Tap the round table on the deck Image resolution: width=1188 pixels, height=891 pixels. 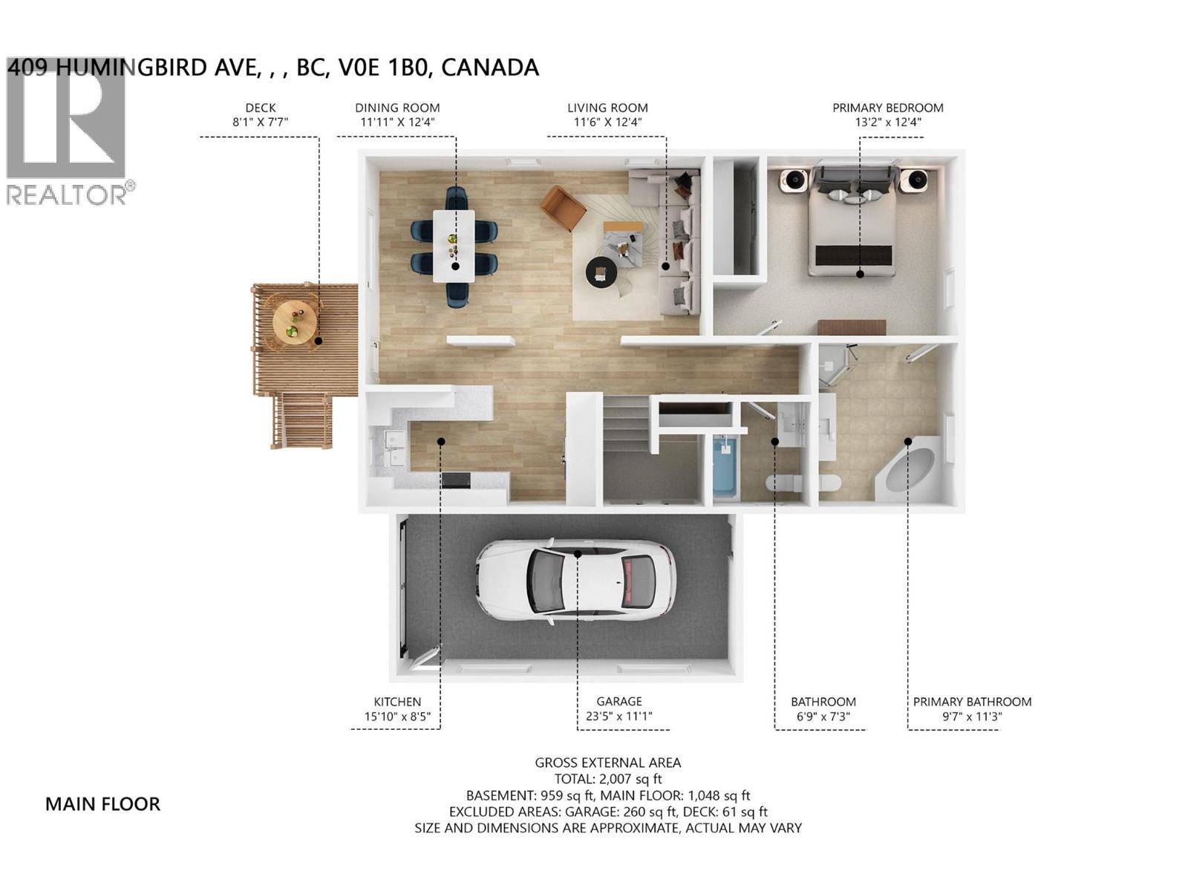click(295, 320)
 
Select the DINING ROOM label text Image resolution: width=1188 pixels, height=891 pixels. click(397, 108)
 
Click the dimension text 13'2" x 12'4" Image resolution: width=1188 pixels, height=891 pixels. click(888, 123)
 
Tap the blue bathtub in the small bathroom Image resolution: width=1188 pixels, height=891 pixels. click(724, 468)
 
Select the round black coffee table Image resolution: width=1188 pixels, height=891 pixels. click(601, 272)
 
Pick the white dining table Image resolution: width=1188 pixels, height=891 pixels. click(454, 246)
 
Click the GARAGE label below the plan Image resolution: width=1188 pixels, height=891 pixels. click(619, 702)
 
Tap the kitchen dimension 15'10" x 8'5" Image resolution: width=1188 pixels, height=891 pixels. click(397, 718)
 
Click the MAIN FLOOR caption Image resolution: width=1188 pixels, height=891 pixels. click(102, 804)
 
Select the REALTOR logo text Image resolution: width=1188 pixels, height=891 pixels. click(67, 195)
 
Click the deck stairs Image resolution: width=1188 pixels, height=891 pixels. click(302, 422)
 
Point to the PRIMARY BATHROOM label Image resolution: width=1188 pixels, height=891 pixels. click(972, 702)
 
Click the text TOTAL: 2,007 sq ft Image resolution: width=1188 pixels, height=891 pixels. click(607, 779)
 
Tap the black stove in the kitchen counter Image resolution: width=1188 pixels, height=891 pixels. click(456, 480)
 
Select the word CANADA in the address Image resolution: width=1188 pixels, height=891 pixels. click(490, 68)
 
